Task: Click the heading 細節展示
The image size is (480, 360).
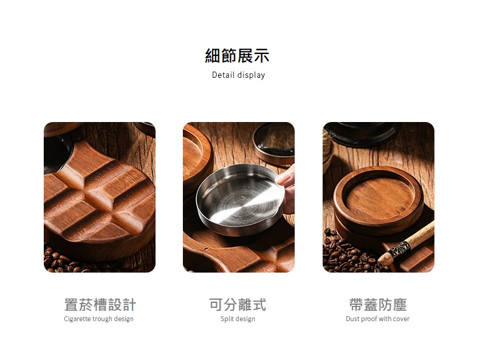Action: click(x=237, y=56)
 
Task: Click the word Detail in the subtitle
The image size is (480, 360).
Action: click(x=223, y=75)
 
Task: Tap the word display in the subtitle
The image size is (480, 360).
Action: click(x=251, y=75)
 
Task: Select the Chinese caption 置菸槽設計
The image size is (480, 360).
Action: click(x=100, y=305)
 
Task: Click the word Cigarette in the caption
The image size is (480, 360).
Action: click(x=77, y=319)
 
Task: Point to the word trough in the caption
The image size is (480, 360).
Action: click(x=102, y=319)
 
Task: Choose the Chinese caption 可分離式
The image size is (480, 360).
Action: click(x=238, y=305)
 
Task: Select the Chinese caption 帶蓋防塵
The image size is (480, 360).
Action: click(x=378, y=305)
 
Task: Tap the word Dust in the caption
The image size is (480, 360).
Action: click(x=352, y=319)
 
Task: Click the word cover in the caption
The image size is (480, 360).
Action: click(x=401, y=319)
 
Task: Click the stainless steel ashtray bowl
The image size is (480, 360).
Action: click(x=240, y=199)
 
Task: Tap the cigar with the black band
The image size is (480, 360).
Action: click(x=406, y=244)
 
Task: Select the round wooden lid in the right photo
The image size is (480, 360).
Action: click(x=379, y=200)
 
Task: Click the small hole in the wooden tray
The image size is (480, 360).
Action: click(x=206, y=250)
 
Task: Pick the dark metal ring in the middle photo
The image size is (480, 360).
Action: click(x=274, y=144)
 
